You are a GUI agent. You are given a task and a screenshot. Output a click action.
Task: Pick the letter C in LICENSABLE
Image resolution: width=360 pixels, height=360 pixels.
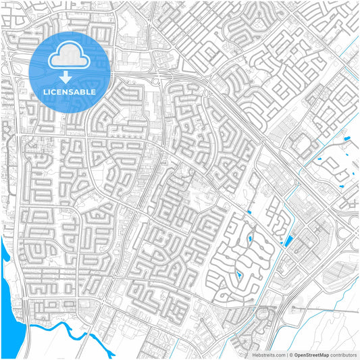point(54,91)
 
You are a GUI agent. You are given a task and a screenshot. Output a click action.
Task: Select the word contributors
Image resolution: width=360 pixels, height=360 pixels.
point(343,354)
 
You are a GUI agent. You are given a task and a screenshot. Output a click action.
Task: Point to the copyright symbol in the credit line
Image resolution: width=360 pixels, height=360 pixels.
point(290,354)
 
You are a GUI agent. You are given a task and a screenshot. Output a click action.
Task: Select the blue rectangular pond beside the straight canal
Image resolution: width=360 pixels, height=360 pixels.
point(289,241)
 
